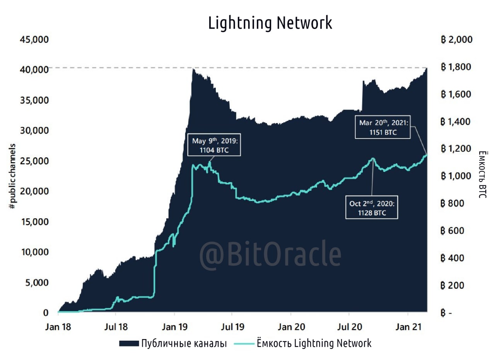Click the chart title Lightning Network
[270, 23]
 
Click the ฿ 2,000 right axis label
[456, 39]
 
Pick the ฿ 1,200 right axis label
[456, 149]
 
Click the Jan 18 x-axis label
[58, 327]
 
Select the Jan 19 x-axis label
[174, 327]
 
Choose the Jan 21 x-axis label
[408, 327]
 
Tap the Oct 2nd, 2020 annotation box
[372, 208]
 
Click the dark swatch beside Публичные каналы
[128, 343]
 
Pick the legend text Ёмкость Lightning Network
[314, 343]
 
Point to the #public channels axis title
[13, 177]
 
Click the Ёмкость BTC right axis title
[482, 174]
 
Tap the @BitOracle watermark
[270, 254]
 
